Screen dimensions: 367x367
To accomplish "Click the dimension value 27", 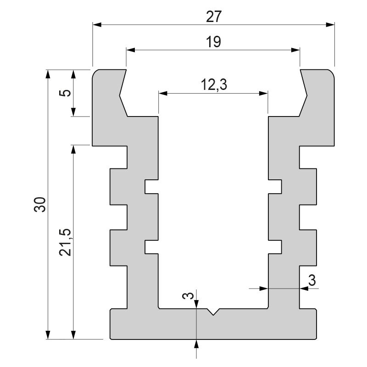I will point(214,17).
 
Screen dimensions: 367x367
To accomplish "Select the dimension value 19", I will point(214,42).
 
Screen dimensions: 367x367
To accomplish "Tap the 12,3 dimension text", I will point(214,85).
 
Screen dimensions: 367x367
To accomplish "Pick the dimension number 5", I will point(66,93).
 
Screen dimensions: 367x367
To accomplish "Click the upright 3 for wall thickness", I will point(312,280).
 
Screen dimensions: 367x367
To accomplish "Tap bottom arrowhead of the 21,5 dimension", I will point(72,336).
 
